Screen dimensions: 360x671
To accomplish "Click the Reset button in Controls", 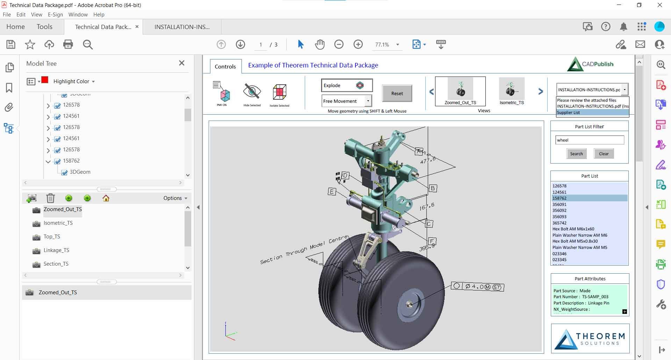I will coord(397,93).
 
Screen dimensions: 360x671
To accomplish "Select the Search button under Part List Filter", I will coord(576,154).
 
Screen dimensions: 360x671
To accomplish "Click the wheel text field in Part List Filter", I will coord(589,140).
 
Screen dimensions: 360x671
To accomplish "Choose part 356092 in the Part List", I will coord(560,210).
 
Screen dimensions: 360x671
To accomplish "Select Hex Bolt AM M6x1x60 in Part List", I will coord(573,229).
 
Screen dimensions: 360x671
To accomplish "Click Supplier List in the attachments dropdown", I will coord(569,113).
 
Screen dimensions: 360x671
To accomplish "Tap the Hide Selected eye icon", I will coord(252,92).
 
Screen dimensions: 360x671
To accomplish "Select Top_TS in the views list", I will coord(52,237).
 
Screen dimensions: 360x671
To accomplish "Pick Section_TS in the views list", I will coord(56,264).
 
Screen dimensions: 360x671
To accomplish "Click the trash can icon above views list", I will coord(50,198).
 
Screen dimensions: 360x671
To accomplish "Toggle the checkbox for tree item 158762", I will coord(58,161).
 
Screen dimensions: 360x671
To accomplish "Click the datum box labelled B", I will coord(433,188).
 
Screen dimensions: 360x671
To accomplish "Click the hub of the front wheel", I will coord(409,305).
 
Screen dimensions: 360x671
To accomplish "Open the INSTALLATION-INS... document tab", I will coord(182,27).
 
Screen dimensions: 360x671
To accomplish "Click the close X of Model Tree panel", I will coord(182,63).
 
